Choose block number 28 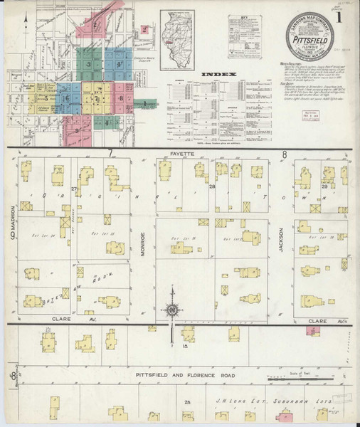point(211,186)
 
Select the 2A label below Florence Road point(188,403)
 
